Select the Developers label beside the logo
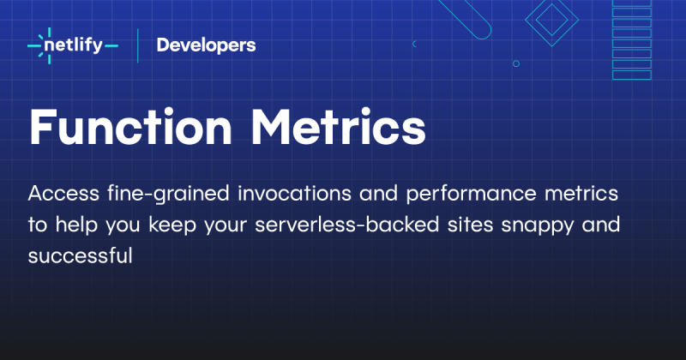pyautogui.click(x=206, y=45)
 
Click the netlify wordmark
pyautogui.click(x=81, y=45)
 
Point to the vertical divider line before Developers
pyautogui.click(x=138, y=45)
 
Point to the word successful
pyautogui.click(x=81, y=256)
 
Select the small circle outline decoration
pyautogui.click(x=515, y=63)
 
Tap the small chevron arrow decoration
pyautogui.click(x=415, y=43)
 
